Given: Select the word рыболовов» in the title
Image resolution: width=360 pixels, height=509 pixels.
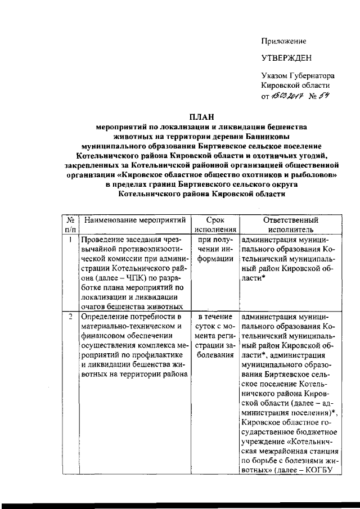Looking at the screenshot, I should coord(315,175).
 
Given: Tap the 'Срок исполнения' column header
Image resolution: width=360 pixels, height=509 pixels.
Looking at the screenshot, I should coord(215,224).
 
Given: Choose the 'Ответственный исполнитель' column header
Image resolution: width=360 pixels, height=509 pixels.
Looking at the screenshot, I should coord(290,224).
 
